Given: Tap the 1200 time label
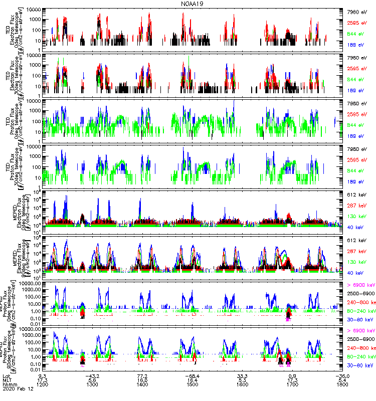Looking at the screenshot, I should tap(43, 384).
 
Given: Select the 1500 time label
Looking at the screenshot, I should tap(193, 384).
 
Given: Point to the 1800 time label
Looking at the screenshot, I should tap(342, 384).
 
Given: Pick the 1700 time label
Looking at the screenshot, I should tap(293, 384).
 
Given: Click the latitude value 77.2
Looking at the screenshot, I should tap(142, 375).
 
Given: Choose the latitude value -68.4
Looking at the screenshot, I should tap(193, 375).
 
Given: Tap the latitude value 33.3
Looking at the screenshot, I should tap(243, 375).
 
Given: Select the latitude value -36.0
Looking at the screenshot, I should tap(342, 375).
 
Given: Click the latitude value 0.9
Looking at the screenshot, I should tap(293, 375).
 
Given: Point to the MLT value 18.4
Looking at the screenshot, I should tap(193, 380).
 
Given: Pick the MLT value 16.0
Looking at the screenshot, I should tap(142, 380).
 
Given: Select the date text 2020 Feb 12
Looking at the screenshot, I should tap(16, 389).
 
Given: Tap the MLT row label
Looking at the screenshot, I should tap(7, 380).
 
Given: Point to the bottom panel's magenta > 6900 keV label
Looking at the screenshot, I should tap(360, 331).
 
